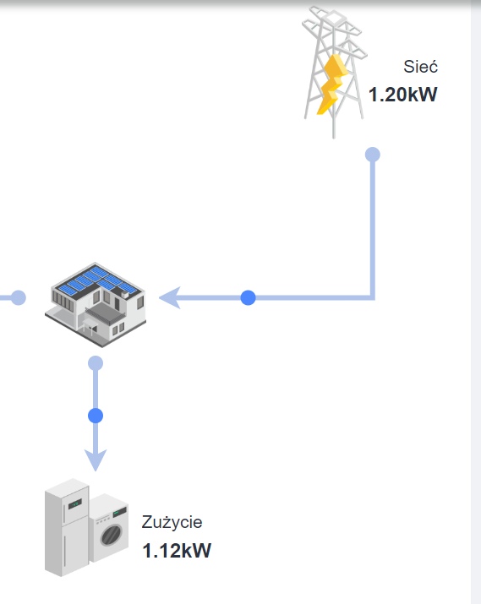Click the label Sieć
pos(420,66)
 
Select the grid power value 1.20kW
pos(402,95)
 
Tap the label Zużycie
pos(172,522)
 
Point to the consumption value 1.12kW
pos(177,550)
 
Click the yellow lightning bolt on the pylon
pos(332,84)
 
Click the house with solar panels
pos(96,304)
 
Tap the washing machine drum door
pos(112,535)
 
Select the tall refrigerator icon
pos(67,527)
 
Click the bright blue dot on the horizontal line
pos(249,297)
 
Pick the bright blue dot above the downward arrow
pos(96,416)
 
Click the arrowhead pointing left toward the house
pos(170,297)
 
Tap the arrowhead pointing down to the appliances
pos(96,460)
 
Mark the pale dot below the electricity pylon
pos(373,155)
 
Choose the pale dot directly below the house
pos(96,363)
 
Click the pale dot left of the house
pos(18,297)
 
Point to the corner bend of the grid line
pos(373,297)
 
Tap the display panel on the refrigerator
pos(74,503)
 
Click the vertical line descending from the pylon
pos(373,226)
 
